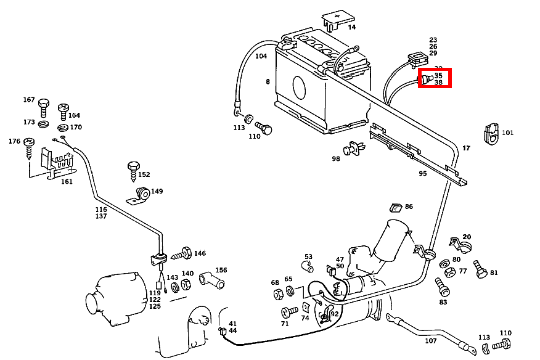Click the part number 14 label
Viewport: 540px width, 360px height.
[x=351, y=27]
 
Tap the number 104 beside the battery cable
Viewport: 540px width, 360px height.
[x=261, y=56]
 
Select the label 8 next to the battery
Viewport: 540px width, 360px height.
[x=268, y=81]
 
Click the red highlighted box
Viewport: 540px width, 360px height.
[x=435, y=78]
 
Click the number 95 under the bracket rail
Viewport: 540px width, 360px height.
[x=422, y=173]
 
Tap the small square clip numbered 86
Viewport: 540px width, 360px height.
[x=395, y=208]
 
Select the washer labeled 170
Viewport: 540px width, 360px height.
[x=63, y=128]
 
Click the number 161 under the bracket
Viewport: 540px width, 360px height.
[x=66, y=181]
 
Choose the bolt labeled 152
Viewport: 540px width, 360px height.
[x=134, y=170]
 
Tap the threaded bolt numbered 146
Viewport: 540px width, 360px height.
[x=183, y=253]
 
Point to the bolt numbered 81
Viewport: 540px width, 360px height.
[x=480, y=269]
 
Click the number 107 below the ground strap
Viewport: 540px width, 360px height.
[x=430, y=341]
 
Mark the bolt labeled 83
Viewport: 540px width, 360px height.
[x=441, y=286]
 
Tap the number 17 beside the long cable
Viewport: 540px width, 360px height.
[x=466, y=148]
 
